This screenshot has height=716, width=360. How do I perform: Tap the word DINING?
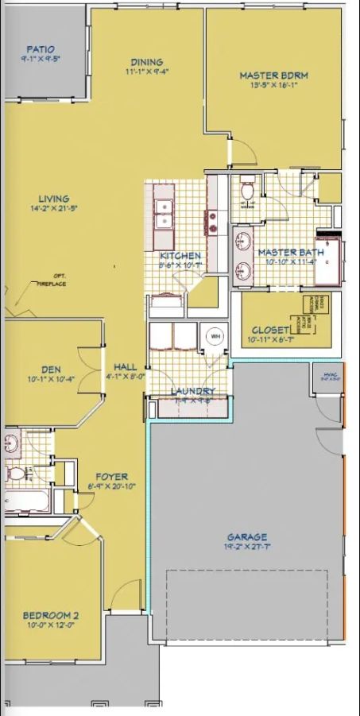147,62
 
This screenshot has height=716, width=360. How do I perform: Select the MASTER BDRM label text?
273,76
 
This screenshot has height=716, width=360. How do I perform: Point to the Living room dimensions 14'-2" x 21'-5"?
54,209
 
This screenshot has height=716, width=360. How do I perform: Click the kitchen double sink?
165,209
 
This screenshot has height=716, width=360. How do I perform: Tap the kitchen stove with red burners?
212,222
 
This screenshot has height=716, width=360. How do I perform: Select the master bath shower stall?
329,260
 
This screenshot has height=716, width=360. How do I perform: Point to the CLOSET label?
268,330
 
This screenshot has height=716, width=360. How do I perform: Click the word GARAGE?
246,536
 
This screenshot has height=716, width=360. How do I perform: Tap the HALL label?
125,366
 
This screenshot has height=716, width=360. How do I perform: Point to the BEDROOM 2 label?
50,614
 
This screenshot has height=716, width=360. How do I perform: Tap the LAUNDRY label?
192,392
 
